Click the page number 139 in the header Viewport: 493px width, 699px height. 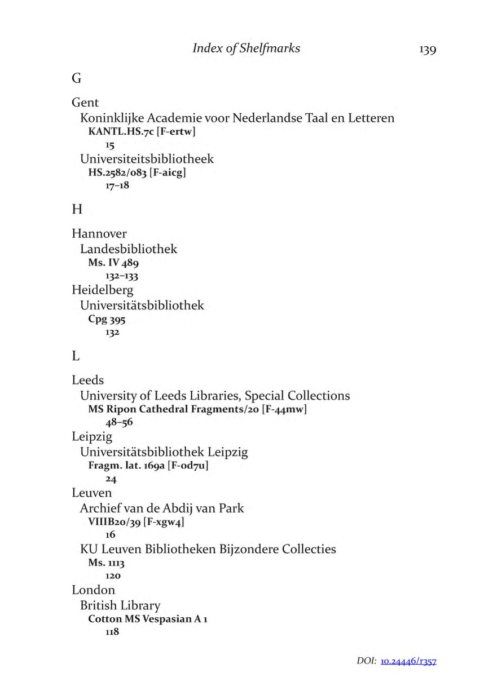428,50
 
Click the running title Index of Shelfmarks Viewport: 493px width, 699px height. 246,48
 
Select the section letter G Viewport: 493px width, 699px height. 77,79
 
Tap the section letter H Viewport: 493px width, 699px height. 77,210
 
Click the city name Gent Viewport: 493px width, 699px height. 85,103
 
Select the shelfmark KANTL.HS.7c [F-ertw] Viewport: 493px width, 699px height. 142,132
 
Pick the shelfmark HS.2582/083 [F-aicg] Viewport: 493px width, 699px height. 137,173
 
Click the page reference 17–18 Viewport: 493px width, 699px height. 117,185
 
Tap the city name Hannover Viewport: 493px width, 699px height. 99,233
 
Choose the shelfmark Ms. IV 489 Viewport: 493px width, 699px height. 113,263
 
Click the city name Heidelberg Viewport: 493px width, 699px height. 103,290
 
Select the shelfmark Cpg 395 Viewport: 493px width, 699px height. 107,320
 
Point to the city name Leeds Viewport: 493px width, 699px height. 88,381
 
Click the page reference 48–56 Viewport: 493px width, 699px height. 119,422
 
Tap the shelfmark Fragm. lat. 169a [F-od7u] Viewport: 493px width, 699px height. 152,466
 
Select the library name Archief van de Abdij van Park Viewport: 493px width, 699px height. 162,508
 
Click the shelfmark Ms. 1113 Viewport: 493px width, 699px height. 106,563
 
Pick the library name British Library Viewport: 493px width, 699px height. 120,605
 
